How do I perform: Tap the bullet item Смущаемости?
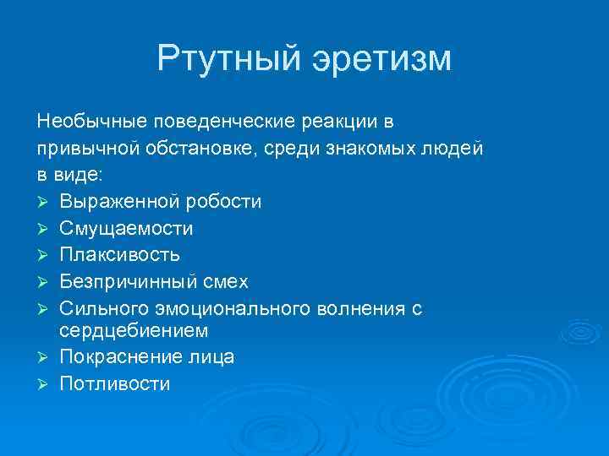coord(127,228)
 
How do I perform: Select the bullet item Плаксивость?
coord(120,254)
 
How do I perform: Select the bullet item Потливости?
coord(115,383)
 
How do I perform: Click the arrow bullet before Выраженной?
coord(44,202)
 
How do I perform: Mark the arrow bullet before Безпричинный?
coord(44,280)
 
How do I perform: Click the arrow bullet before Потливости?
coord(44,384)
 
